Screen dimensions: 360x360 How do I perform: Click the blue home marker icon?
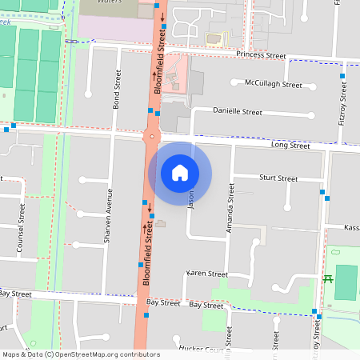(x=180, y=172)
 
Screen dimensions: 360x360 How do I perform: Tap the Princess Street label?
(x=261, y=56)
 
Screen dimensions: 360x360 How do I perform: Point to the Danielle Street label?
(x=238, y=112)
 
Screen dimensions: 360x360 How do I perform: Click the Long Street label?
(x=290, y=146)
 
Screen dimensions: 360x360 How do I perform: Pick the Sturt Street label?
(x=278, y=177)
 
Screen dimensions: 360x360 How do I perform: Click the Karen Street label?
(x=207, y=274)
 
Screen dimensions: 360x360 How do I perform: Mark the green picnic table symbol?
(x=327, y=278)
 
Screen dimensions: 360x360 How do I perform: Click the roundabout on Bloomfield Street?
(x=150, y=137)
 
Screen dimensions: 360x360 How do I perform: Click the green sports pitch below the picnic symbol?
(x=346, y=282)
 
